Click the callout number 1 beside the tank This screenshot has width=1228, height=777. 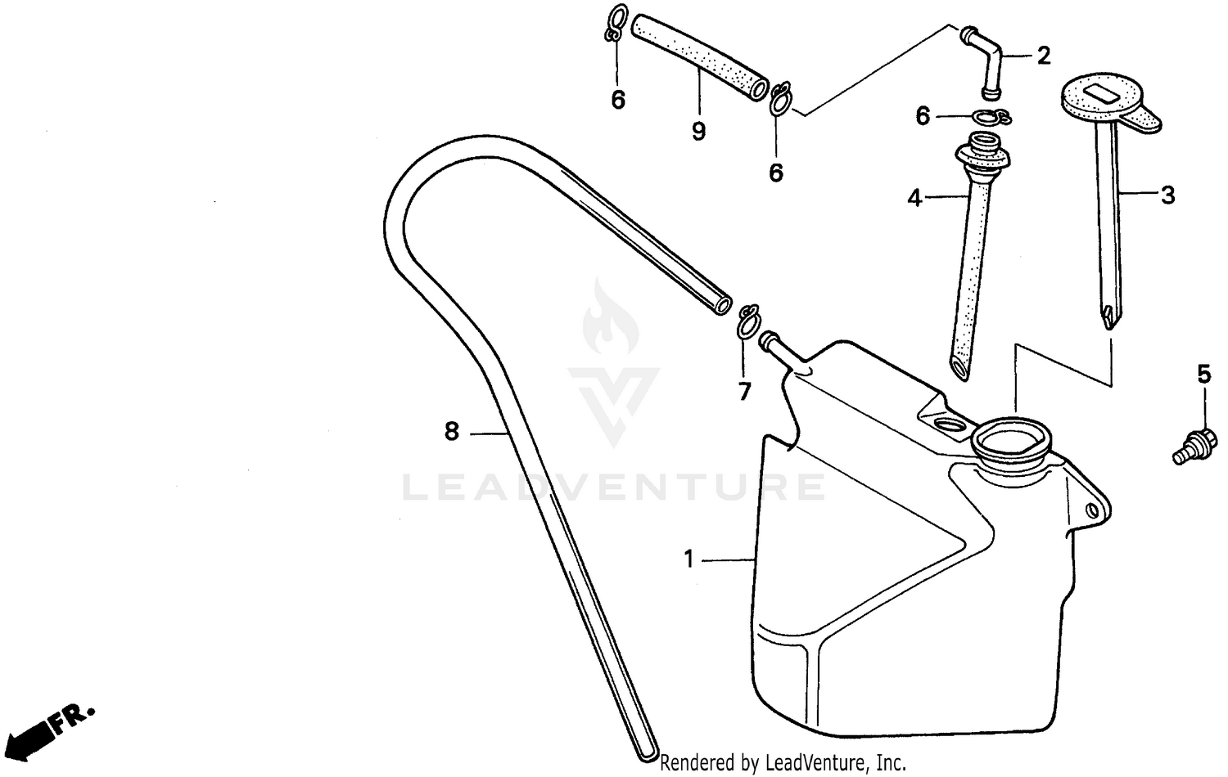point(688,559)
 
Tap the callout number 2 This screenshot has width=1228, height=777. point(1043,56)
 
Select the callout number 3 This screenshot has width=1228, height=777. point(1167,195)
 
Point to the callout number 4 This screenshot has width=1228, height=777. point(914,197)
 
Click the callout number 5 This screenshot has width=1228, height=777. point(1203,375)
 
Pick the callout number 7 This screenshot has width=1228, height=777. point(744,392)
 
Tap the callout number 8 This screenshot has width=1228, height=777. point(452,431)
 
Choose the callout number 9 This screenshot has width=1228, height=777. point(698,131)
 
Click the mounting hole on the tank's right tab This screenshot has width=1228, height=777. point(1091,511)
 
